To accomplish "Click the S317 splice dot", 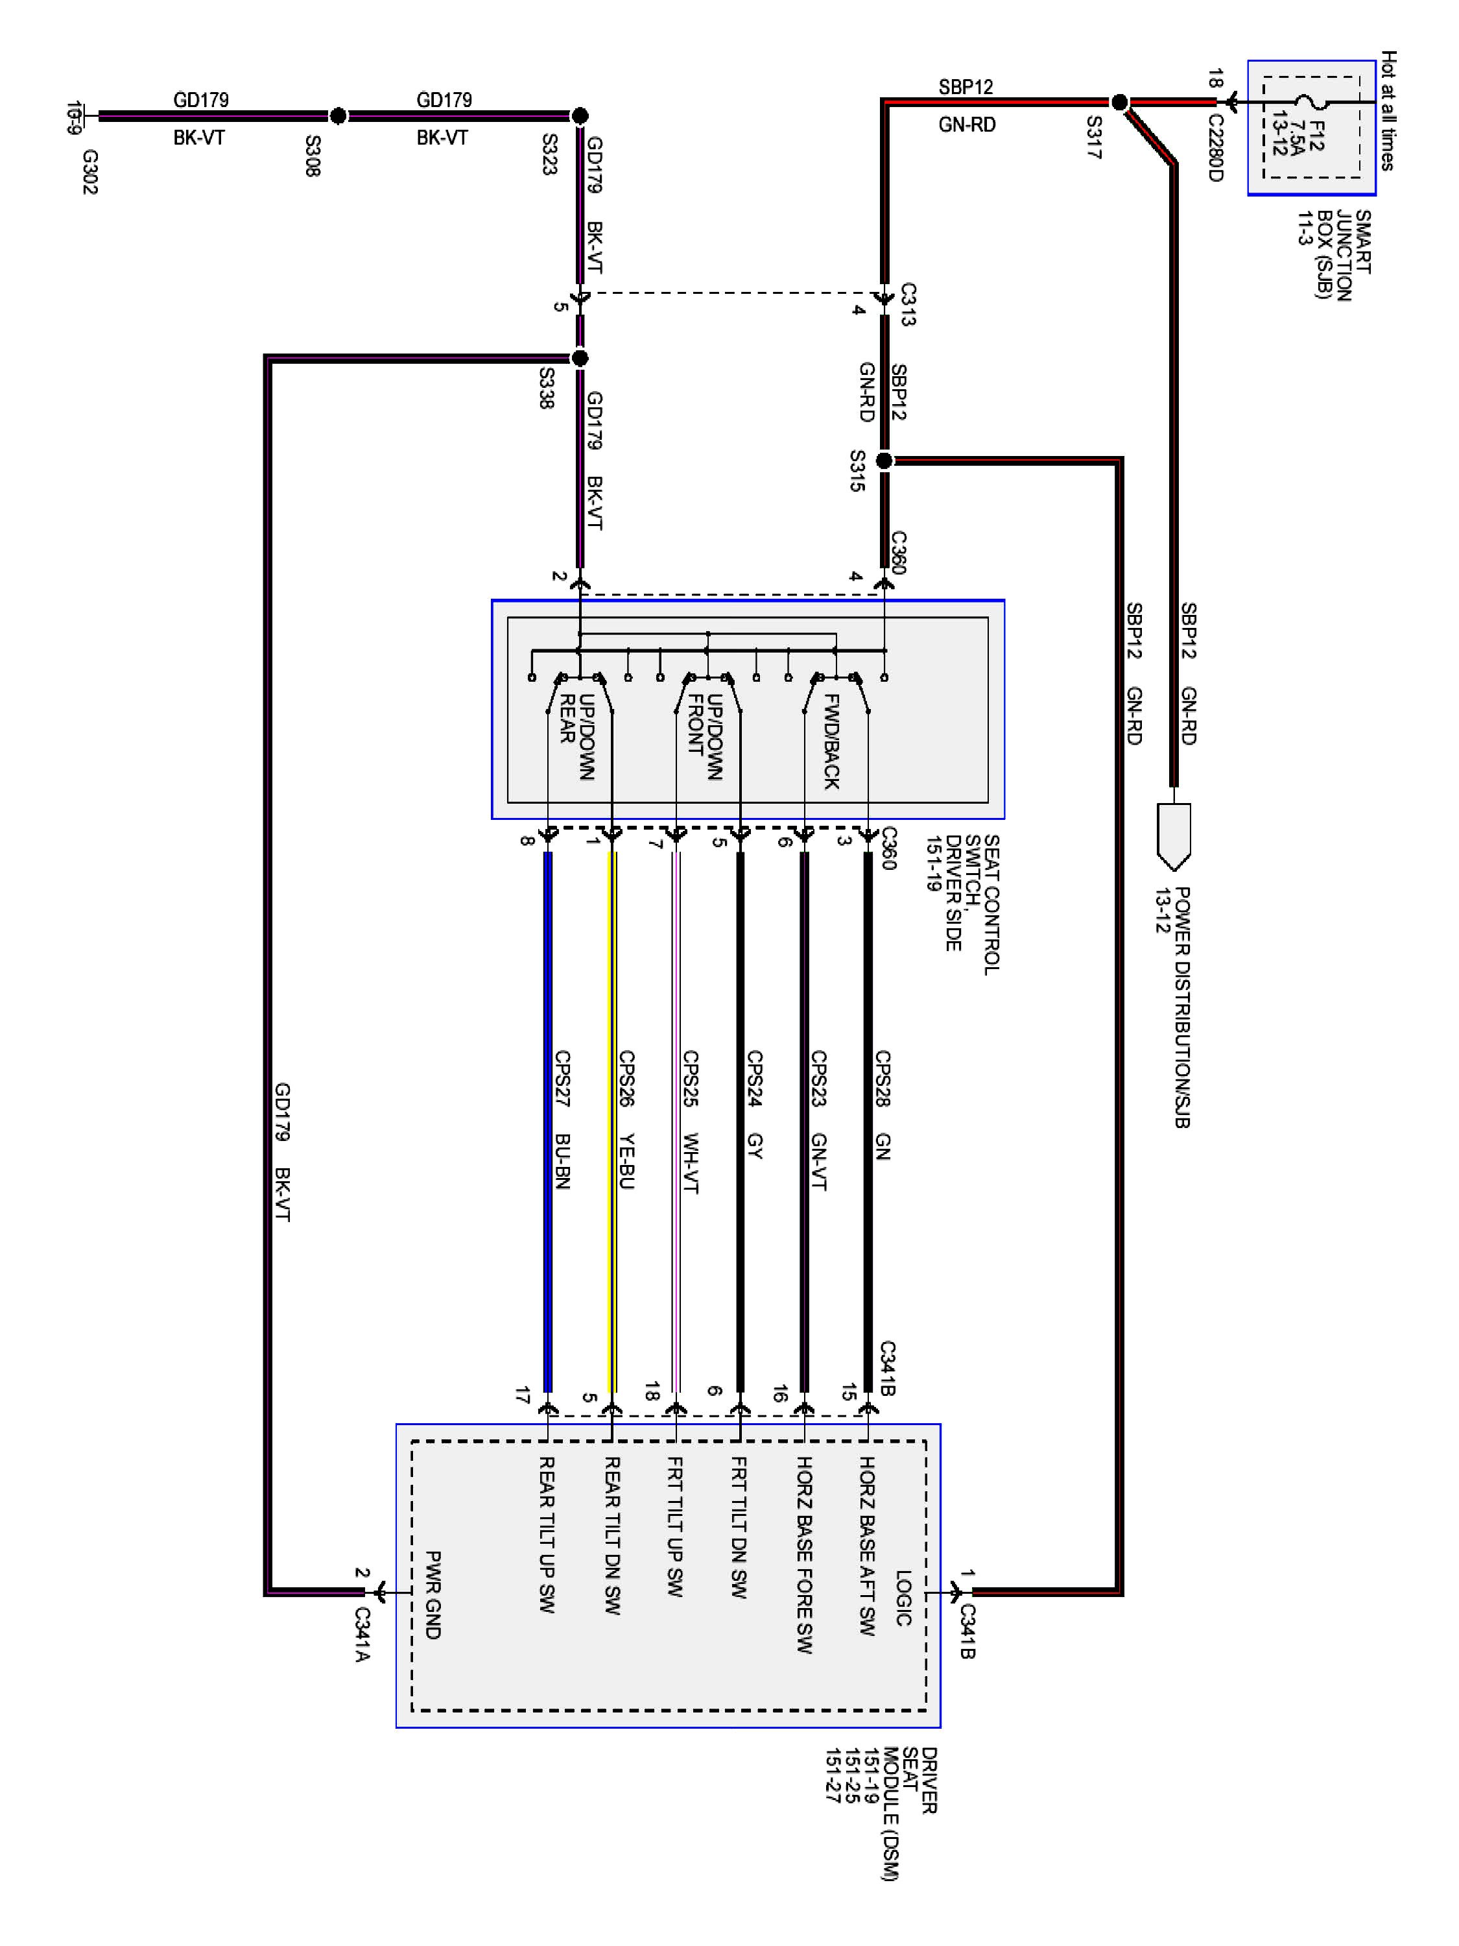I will [x=1119, y=103].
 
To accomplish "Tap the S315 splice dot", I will [x=884, y=460].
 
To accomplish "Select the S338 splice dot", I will [x=580, y=358].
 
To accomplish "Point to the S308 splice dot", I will [x=338, y=115].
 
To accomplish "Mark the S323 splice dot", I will [x=580, y=115].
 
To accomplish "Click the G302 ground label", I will [x=89, y=171].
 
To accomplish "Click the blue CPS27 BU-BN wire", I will [x=548, y=1117].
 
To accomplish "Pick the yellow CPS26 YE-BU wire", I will [x=612, y=1117].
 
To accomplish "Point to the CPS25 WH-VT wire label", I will [x=691, y=1122].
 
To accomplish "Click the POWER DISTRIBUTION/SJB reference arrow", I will [x=1173, y=835].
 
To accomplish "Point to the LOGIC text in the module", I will [x=903, y=1598].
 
